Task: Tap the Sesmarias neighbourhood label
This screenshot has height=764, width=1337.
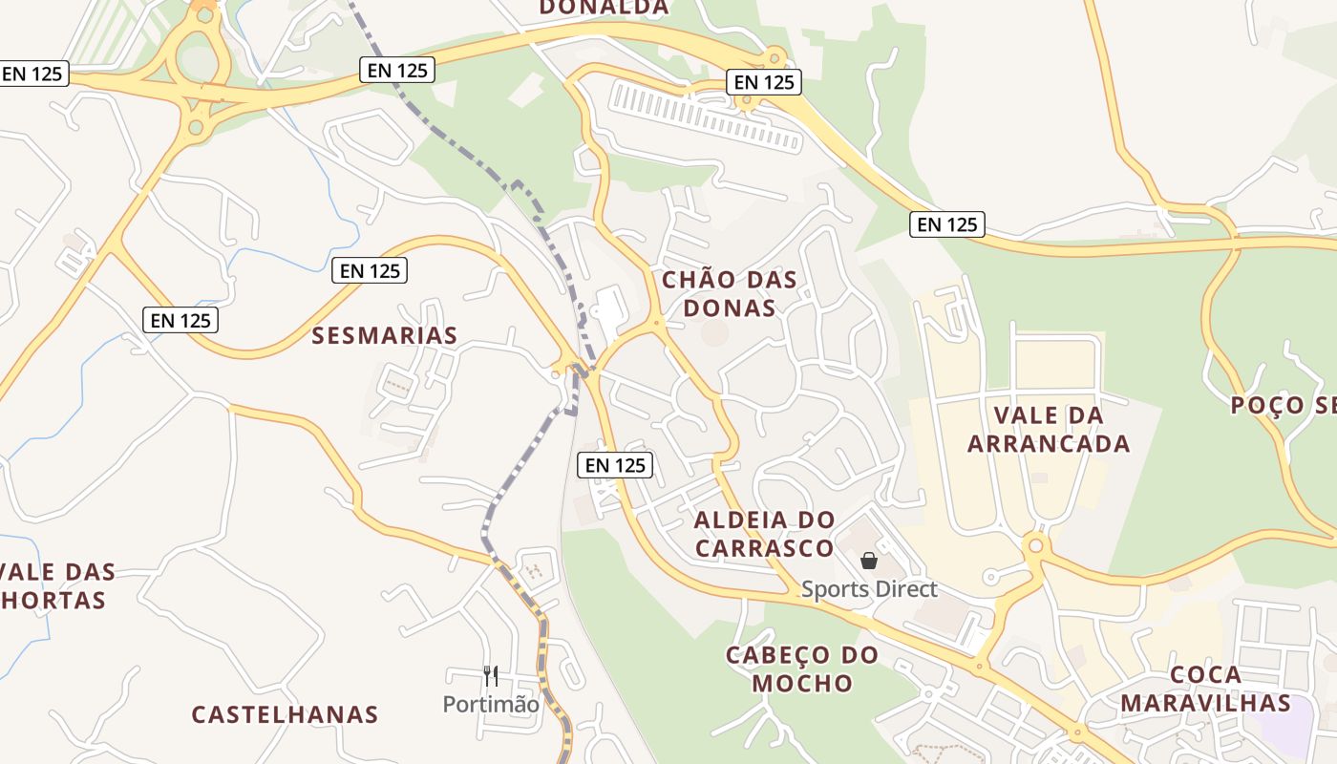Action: click(385, 335)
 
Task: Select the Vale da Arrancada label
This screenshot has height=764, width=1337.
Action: click(1049, 429)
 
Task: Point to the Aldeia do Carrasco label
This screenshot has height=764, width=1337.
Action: click(764, 534)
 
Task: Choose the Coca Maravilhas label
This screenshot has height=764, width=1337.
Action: click(1206, 690)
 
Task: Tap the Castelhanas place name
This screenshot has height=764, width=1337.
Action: click(285, 714)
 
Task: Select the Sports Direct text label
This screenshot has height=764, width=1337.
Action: click(869, 589)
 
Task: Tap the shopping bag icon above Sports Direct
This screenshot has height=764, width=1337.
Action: click(868, 561)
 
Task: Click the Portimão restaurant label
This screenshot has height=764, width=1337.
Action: click(490, 705)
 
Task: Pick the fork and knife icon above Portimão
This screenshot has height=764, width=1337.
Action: click(491, 676)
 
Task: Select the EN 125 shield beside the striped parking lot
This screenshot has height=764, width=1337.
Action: click(763, 82)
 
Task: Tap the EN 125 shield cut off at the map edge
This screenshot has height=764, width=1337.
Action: click(33, 74)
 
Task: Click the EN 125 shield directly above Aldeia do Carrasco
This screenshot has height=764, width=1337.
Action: click(615, 465)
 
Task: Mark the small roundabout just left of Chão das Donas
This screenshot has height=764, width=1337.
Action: click(656, 325)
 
